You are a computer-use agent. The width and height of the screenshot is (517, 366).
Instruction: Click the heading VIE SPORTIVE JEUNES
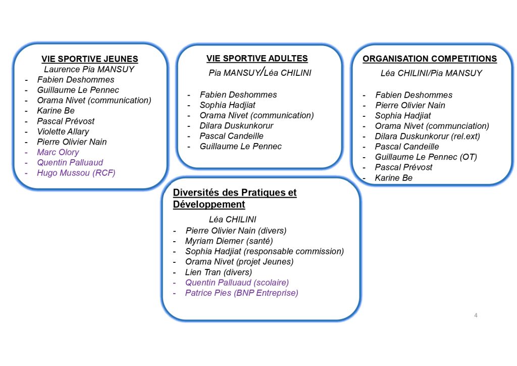90,59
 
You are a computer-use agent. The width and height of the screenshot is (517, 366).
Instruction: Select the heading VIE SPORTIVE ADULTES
257,59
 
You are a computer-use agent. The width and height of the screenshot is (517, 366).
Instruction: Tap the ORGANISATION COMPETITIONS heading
430,59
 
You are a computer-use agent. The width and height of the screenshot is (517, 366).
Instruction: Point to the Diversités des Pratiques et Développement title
235,198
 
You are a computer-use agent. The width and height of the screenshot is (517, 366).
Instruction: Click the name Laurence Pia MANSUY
89,69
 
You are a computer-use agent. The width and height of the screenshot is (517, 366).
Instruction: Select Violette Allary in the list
63,131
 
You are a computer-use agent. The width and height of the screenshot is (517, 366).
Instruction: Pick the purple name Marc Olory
58,152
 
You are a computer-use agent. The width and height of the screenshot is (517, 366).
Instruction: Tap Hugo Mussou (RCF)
76,173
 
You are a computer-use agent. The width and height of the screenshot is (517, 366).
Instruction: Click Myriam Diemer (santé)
229,241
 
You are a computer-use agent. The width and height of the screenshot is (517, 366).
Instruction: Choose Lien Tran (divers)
219,272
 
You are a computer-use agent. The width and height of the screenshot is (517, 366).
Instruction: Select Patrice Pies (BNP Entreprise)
242,293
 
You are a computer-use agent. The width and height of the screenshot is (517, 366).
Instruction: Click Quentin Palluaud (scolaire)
237,283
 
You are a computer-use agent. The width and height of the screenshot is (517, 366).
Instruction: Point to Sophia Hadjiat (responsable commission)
265,251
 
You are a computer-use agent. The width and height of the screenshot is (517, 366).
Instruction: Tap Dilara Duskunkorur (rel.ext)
427,136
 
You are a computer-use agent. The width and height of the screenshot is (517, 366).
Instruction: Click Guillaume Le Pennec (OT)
426,157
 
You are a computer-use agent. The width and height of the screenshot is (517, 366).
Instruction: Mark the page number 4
476,315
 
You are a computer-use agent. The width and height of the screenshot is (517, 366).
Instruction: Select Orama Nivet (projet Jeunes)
239,262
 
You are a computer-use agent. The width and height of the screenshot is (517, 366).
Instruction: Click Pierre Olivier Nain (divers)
236,231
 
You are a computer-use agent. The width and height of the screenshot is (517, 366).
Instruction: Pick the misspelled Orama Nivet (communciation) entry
432,126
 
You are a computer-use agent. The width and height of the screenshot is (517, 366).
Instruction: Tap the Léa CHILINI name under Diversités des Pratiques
232,219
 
